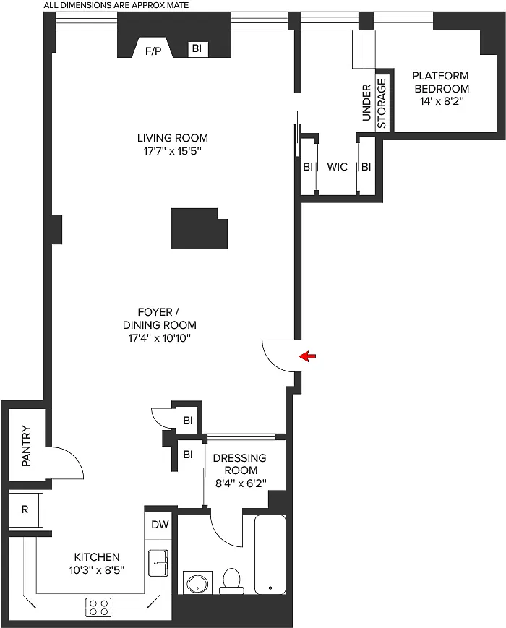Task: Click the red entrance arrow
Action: click(x=308, y=356)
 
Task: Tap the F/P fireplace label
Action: click(x=153, y=51)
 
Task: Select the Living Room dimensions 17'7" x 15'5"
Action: click(x=172, y=151)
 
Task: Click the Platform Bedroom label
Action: click(x=441, y=82)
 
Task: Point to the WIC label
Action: click(x=337, y=167)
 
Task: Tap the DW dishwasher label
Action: click(x=160, y=524)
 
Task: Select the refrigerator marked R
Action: click(x=25, y=509)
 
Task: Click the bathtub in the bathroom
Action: click(x=270, y=554)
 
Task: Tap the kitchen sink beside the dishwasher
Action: click(x=158, y=563)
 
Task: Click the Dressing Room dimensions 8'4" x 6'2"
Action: click(x=241, y=483)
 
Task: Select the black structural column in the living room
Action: click(x=200, y=228)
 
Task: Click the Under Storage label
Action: click(x=374, y=103)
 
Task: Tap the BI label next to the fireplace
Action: click(x=197, y=48)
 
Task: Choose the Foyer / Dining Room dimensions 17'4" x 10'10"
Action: click(x=160, y=338)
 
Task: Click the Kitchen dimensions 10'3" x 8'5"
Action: click(x=97, y=570)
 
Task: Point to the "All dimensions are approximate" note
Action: click(x=116, y=5)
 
